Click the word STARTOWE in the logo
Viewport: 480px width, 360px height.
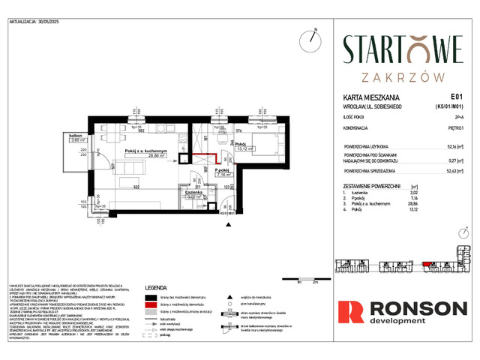[403, 50]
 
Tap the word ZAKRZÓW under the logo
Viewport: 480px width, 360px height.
[403, 76]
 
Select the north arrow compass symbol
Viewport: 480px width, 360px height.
[309, 39]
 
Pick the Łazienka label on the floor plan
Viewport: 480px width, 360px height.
[196, 192]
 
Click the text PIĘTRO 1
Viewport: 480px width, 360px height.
[450, 129]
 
